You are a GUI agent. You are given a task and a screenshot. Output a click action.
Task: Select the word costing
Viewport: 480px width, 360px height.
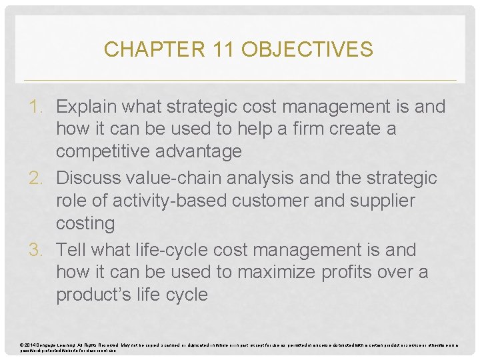click(85, 223)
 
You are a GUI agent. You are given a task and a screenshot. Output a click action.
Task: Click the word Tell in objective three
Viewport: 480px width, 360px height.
click(71, 250)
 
